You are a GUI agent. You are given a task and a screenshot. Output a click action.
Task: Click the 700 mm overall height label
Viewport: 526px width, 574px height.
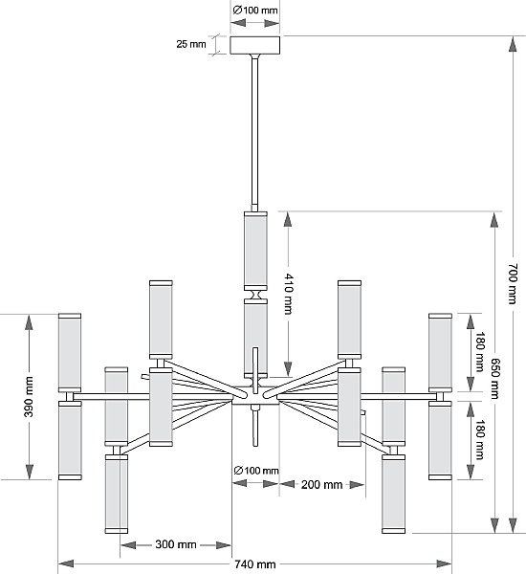[513, 284]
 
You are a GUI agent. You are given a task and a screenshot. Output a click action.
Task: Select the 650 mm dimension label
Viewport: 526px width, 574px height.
[494, 378]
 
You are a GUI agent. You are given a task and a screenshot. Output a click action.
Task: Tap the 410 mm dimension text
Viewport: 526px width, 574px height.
[289, 294]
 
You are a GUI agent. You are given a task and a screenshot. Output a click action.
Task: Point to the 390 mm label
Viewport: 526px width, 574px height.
[29, 397]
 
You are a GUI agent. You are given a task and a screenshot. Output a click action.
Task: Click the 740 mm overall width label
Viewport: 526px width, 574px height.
[255, 564]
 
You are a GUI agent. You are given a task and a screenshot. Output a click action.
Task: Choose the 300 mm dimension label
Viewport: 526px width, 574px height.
[176, 544]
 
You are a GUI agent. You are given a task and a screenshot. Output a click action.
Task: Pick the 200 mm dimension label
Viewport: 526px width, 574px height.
[321, 485]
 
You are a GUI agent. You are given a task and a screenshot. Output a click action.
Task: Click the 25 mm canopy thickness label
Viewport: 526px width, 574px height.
[191, 44]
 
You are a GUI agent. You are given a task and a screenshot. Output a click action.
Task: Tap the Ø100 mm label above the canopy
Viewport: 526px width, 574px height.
[255, 11]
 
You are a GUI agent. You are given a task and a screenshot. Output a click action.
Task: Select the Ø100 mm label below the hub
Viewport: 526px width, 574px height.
[256, 471]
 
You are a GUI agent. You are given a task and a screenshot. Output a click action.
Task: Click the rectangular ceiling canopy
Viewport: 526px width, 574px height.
[255, 45]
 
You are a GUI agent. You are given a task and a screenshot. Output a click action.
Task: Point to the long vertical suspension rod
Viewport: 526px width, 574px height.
[254, 133]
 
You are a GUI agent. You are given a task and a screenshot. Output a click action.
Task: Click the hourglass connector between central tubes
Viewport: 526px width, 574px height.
[255, 295]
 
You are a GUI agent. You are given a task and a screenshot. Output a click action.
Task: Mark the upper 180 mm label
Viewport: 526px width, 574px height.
[480, 352]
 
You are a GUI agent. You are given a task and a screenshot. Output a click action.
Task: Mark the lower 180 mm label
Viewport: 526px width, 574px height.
[480, 440]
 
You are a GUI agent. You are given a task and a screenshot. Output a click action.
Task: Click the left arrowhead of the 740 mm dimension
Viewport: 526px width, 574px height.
[66, 563]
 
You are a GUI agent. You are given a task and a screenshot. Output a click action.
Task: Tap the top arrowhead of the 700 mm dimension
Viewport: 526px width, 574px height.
[513, 44]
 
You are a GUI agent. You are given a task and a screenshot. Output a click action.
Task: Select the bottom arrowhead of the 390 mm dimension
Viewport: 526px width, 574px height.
[30, 472]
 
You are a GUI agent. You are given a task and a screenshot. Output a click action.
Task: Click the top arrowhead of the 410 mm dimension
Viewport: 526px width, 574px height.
[288, 220]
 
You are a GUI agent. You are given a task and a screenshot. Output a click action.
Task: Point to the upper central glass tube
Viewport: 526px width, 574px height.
[255, 251]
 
